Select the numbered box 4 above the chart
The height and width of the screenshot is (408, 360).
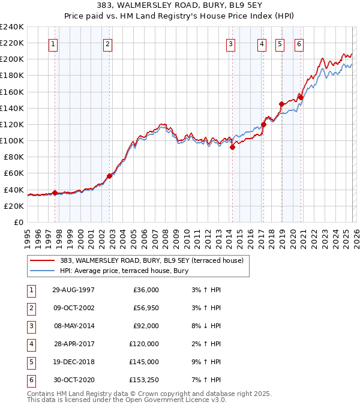coord(262,43)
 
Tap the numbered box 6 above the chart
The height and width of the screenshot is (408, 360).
coord(299,43)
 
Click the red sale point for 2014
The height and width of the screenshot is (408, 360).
coord(232,148)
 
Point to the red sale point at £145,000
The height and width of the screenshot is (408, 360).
coord(281,104)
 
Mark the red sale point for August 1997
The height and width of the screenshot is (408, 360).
coord(55,193)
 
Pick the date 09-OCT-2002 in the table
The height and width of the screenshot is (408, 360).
coord(73,308)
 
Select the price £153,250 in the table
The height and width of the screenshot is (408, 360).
coord(144,380)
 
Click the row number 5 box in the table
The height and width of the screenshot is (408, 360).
coord(29,362)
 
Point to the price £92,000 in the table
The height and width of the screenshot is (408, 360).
coord(146,326)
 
